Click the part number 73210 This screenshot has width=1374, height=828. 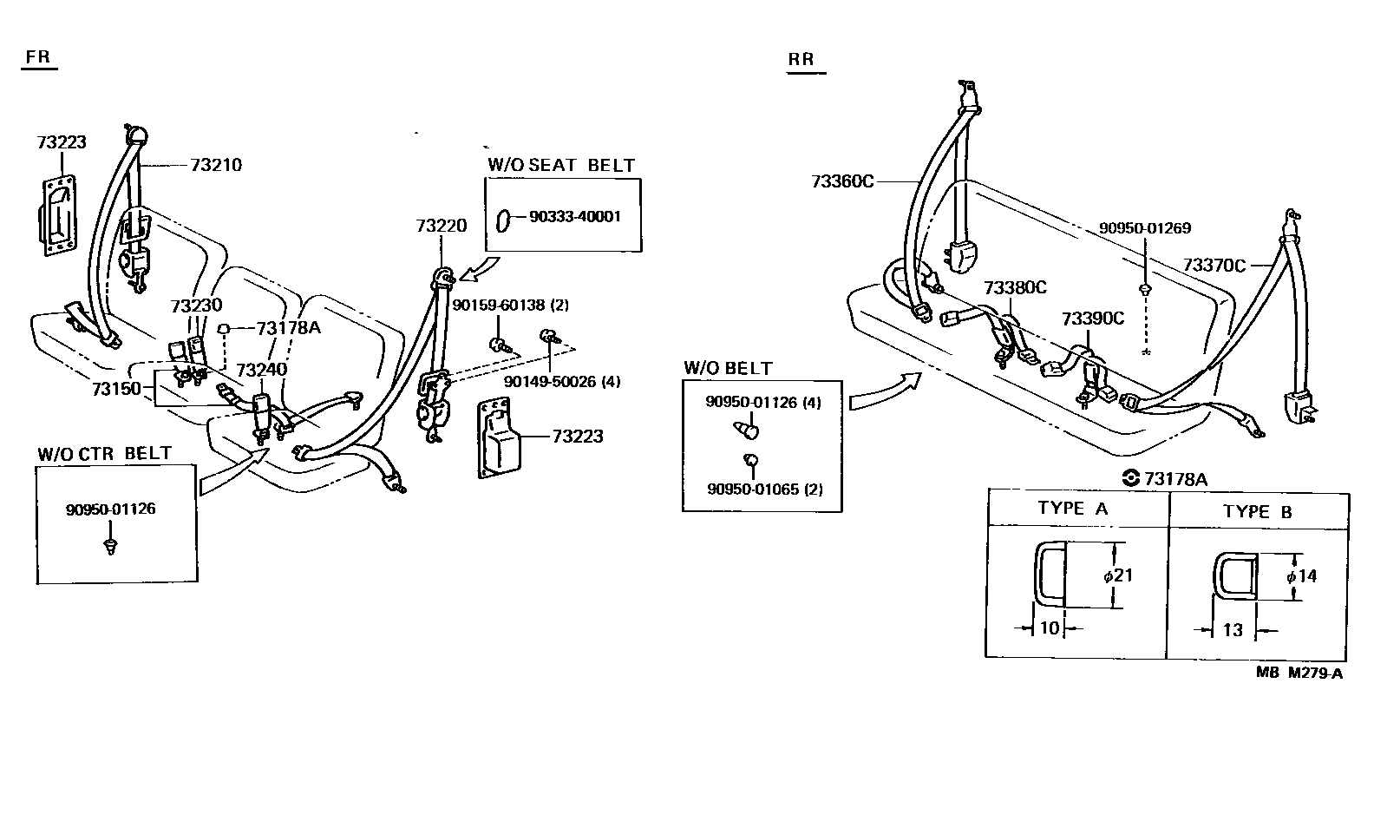click(216, 165)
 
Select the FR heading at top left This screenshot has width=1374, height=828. click(38, 57)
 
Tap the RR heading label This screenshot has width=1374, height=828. click(801, 59)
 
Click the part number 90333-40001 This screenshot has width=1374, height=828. click(574, 217)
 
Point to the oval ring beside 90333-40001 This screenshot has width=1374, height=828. click(503, 220)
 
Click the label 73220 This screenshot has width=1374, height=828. click(441, 226)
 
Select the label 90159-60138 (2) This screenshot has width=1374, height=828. click(510, 306)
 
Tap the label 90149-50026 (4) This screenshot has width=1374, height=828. click(562, 381)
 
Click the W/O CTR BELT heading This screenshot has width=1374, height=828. click(104, 454)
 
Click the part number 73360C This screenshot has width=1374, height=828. click(842, 181)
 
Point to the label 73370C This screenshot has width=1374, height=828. click(1214, 266)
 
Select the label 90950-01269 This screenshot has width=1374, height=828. click(1144, 228)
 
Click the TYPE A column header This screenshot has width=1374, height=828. click(1072, 509)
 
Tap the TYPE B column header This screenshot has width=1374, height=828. click(1257, 512)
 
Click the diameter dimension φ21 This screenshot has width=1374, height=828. click(1118, 575)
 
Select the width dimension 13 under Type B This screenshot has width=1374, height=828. click(1233, 630)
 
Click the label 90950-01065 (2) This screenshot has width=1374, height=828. click(764, 489)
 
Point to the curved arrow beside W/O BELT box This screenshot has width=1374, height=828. click(885, 391)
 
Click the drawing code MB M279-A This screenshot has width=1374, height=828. click(1299, 673)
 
